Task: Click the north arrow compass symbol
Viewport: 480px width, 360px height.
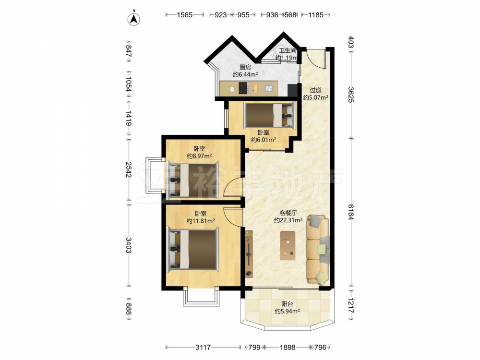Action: [134, 18]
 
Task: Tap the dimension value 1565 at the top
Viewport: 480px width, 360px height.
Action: [185, 15]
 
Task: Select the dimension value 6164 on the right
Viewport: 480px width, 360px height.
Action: [351, 213]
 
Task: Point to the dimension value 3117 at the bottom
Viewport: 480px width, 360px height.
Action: [203, 347]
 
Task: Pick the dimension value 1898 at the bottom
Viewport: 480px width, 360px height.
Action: [288, 347]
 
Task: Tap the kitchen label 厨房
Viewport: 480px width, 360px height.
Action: [245, 67]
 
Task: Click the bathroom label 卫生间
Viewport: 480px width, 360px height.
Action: [288, 50]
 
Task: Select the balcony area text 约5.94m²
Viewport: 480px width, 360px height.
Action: [287, 312]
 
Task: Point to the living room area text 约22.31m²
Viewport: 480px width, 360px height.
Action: [288, 220]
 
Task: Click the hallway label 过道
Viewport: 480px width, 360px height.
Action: [316, 90]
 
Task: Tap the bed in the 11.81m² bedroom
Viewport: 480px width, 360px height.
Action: [192, 249]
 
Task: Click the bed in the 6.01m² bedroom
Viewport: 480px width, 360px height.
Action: [270, 115]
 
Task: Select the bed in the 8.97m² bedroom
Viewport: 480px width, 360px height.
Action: [192, 180]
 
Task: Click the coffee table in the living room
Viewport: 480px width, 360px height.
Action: [288, 246]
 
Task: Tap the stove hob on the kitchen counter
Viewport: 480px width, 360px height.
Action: [244, 88]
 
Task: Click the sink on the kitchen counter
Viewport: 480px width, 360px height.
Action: [268, 88]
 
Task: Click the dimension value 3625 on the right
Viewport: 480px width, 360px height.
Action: [351, 95]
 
